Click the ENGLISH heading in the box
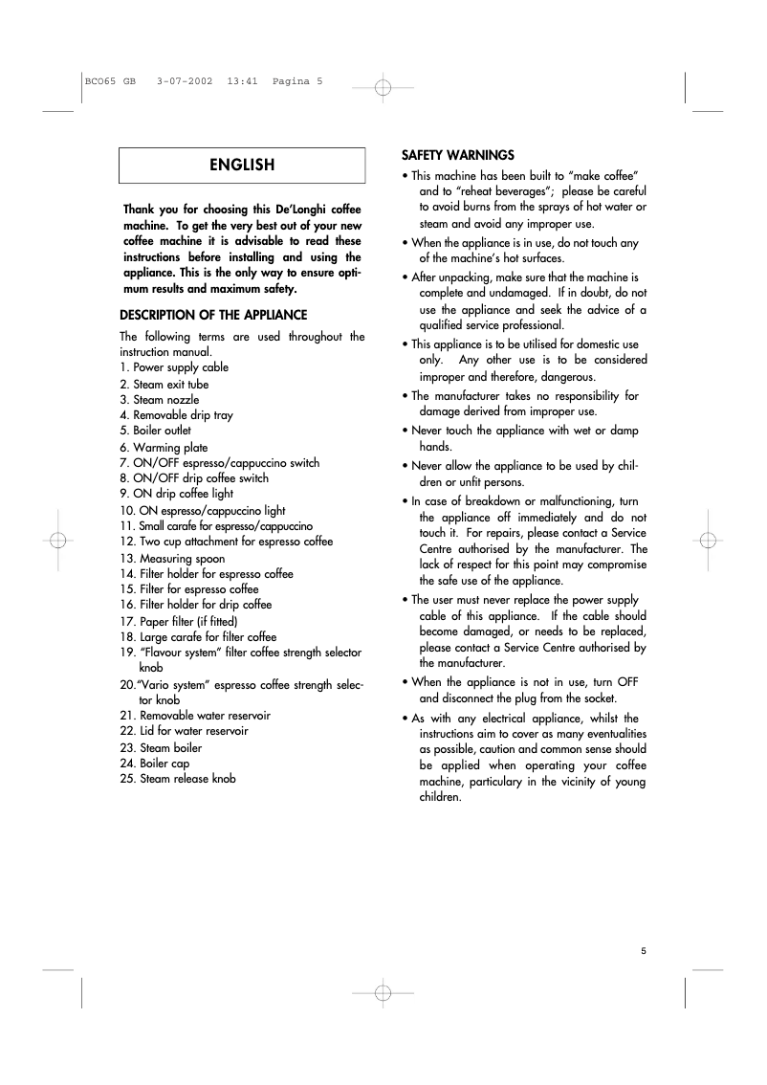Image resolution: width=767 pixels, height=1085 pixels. pos(242,165)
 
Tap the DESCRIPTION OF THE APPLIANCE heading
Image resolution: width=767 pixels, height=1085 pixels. pos(213,315)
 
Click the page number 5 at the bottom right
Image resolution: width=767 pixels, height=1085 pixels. pos(644,950)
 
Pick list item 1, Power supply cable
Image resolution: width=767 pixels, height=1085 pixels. pos(174,367)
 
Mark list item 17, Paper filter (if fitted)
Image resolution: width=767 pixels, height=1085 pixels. pos(179,621)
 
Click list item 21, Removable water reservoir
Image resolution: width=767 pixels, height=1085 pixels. pos(195,715)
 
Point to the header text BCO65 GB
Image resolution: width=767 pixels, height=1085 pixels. pos(111,81)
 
